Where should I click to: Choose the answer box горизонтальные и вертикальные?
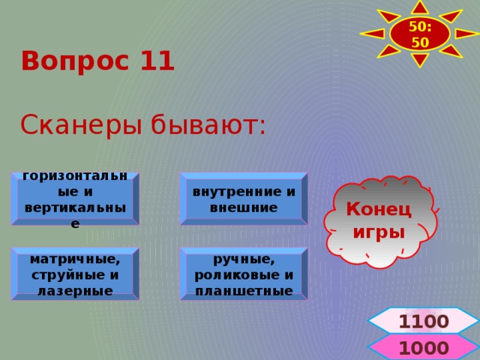pyautogui.click(x=74, y=199)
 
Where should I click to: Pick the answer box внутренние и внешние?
pyautogui.click(x=243, y=199)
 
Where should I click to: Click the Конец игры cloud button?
pyautogui.click(x=379, y=221)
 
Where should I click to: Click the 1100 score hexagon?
pyautogui.click(x=424, y=322)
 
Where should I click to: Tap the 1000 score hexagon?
pyautogui.click(x=424, y=348)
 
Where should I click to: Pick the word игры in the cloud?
pyautogui.click(x=379, y=232)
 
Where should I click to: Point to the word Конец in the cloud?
pyautogui.click(x=379, y=211)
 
